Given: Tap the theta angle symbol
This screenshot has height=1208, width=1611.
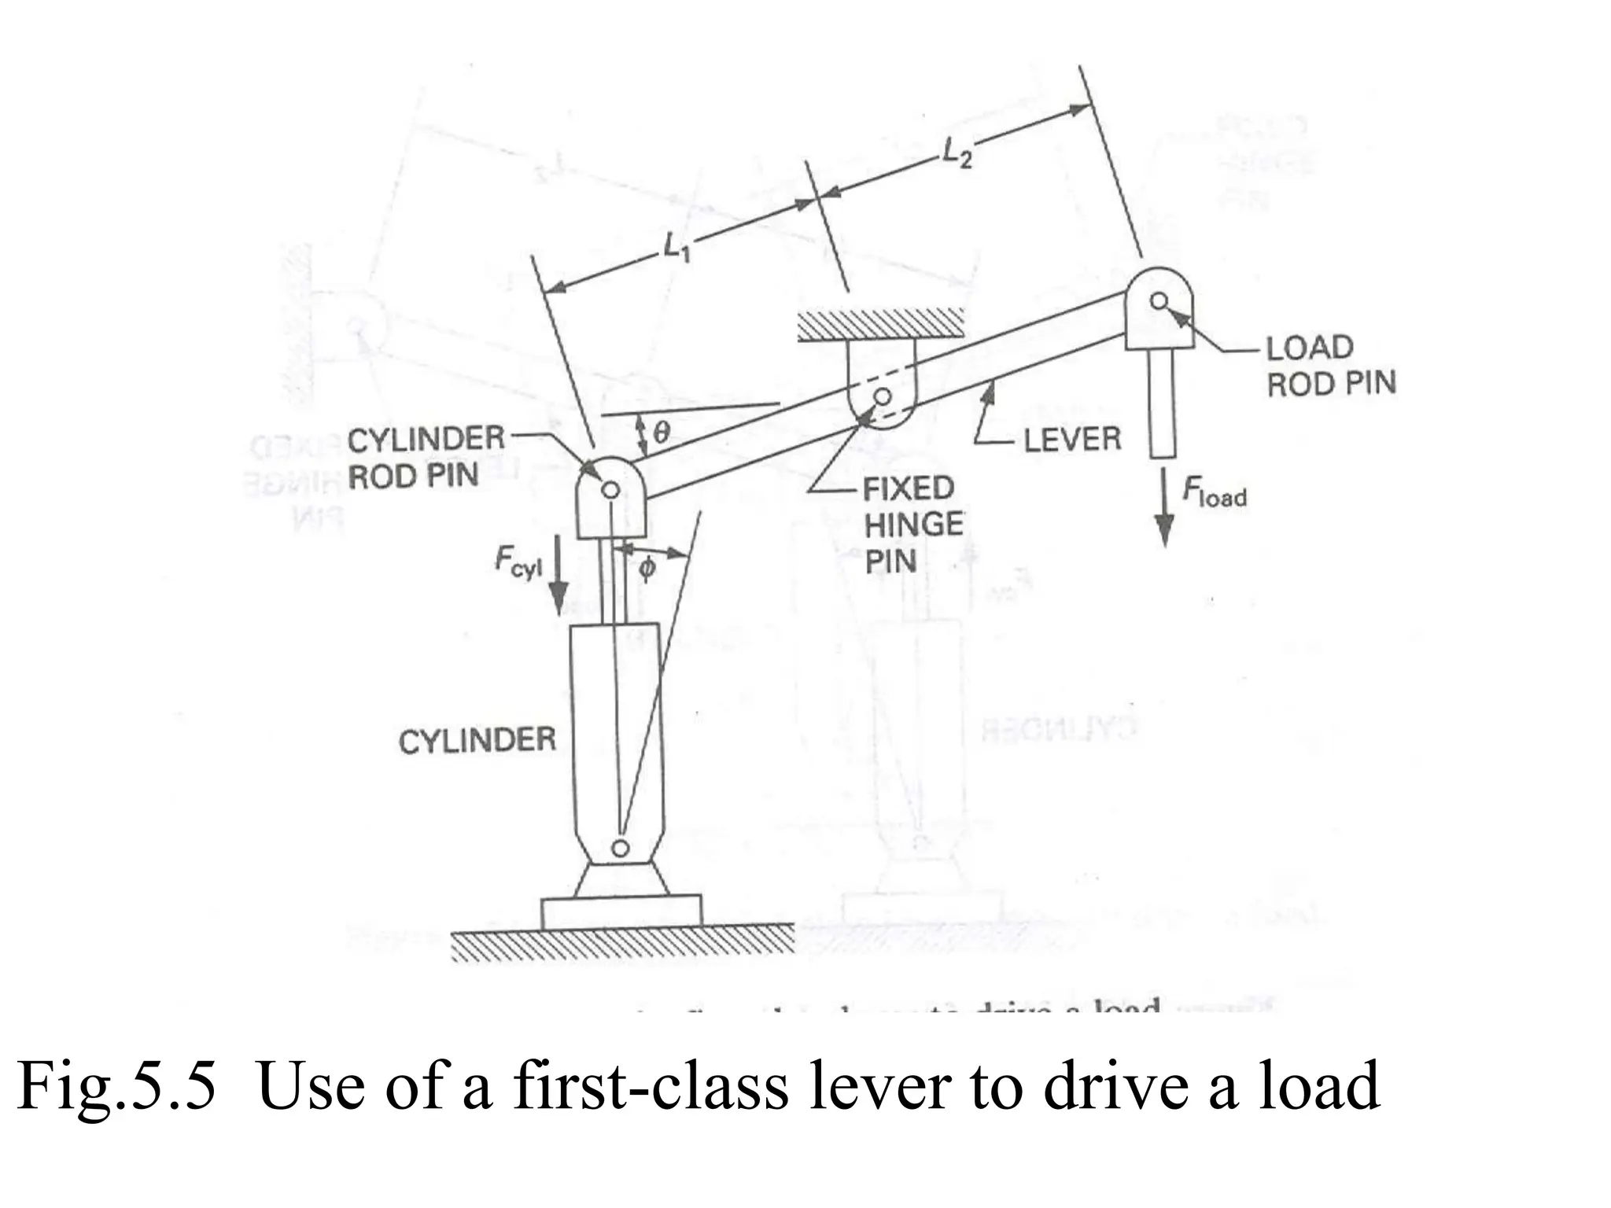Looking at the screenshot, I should click(662, 431).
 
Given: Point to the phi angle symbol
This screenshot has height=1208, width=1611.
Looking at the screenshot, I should click(647, 567).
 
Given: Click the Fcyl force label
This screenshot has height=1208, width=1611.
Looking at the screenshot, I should click(518, 562).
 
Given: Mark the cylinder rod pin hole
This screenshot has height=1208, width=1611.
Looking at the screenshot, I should click(610, 490).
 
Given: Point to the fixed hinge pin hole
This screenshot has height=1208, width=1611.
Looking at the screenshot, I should click(883, 396).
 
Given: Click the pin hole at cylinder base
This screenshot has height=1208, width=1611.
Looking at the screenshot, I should click(621, 847).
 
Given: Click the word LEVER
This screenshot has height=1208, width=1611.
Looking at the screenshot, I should click(1072, 439).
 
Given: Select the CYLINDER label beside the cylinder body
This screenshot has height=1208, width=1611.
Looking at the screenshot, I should click(477, 740).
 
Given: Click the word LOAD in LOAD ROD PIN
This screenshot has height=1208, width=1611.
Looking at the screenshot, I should click(1309, 347).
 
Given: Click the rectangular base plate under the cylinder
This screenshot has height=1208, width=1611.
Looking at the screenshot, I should click(621, 912).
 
